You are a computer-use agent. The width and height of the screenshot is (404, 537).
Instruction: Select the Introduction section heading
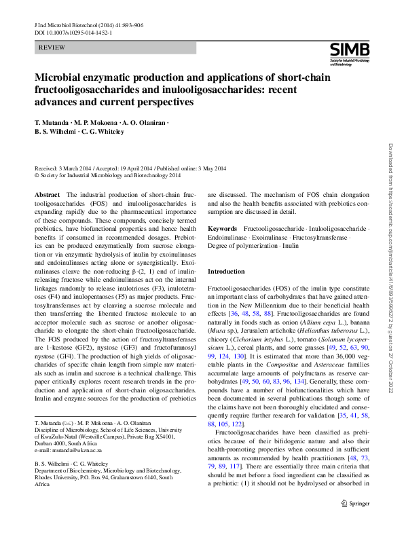tap(226, 272)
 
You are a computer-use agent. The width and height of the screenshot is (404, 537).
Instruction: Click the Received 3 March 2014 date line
tap(130, 168)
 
